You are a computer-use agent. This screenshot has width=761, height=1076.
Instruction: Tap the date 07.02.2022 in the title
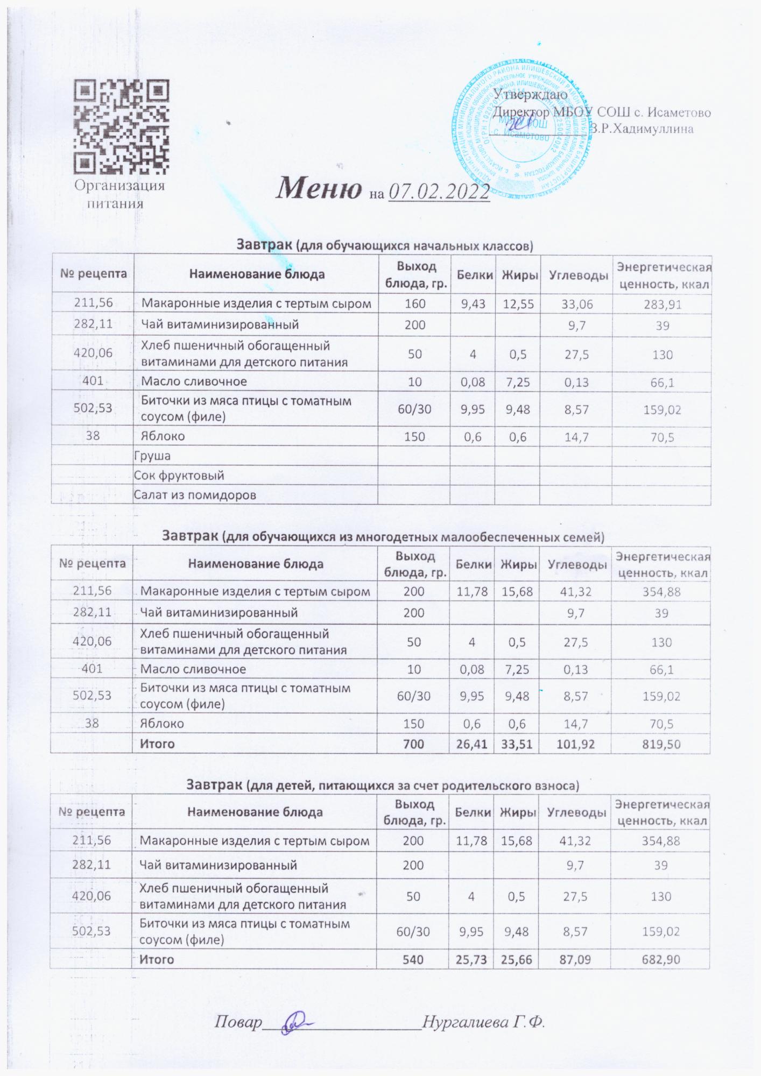click(439, 192)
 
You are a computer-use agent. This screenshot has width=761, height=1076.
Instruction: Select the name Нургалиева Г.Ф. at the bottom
click(483, 1022)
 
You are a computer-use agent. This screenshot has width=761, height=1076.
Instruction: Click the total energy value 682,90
click(661, 959)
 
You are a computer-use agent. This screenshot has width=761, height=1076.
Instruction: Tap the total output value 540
click(413, 959)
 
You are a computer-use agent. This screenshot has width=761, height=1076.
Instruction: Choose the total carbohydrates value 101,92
click(576, 744)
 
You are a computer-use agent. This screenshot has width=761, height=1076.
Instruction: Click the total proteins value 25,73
click(473, 959)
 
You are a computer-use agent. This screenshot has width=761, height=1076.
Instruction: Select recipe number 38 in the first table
click(93, 436)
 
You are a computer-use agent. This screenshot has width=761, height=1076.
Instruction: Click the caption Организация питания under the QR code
click(119, 194)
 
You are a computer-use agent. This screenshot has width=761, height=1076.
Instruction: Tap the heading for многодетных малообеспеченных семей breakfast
click(384, 536)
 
